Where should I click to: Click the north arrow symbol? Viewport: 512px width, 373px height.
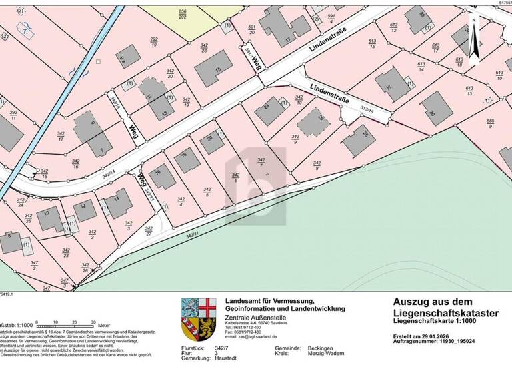[474, 40]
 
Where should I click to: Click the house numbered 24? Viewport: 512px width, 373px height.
[269, 108]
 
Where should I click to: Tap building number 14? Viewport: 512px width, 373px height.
[118, 202]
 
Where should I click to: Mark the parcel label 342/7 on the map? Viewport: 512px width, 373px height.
[261, 163]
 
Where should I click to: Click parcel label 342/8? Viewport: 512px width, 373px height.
[316, 167]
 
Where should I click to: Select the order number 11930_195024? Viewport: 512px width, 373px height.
[461, 342]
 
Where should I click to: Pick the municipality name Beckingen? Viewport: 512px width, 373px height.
[322, 348]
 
